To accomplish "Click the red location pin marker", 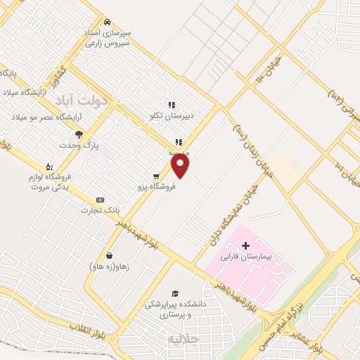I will (x=181, y=166).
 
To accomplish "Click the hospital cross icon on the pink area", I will (x=245, y=245).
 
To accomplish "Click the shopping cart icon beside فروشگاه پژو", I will (x=156, y=176).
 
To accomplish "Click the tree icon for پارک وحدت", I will (x=79, y=134).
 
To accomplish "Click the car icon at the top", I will (x=107, y=21).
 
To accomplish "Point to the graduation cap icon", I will (x=174, y=293).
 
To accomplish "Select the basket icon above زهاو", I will (x=109, y=256).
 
